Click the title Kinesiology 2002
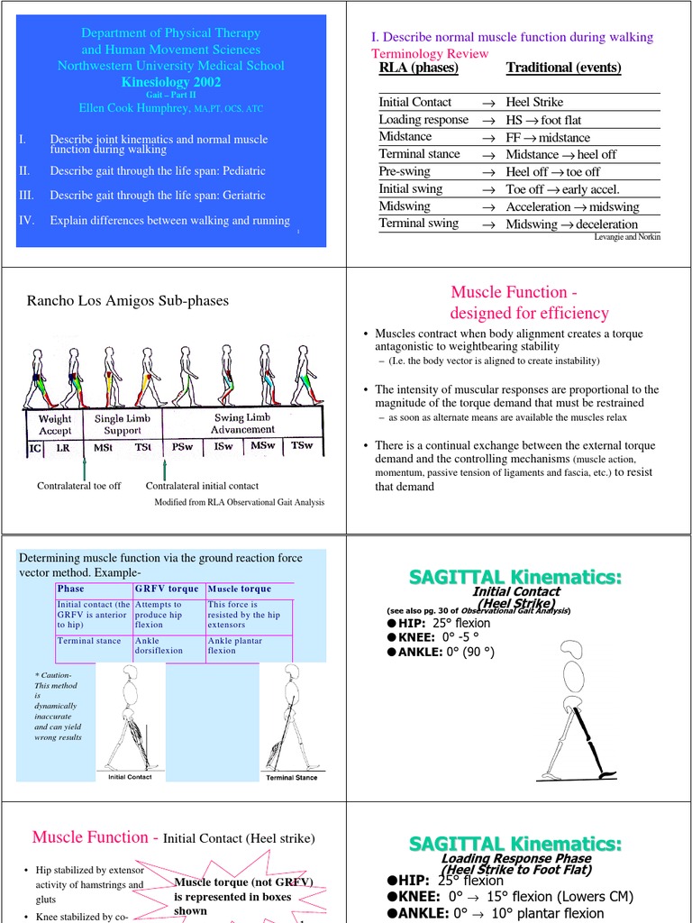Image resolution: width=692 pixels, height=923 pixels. coord(170,81)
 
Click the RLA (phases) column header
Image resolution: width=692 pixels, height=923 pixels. coord(419,68)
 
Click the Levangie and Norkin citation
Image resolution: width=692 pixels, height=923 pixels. coord(628,236)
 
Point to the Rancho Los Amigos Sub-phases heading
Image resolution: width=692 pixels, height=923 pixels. coord(128,300)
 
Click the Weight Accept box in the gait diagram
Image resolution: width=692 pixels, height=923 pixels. coord(55,425)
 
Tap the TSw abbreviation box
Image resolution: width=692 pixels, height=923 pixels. coord(304,446)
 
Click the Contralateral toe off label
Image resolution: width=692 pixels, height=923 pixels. coord(78,486)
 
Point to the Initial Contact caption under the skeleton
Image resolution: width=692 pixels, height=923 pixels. coord(130,777)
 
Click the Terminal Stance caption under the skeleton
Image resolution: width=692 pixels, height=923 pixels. coord(292,777)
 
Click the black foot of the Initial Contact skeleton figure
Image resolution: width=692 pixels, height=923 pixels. coord(609,773)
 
